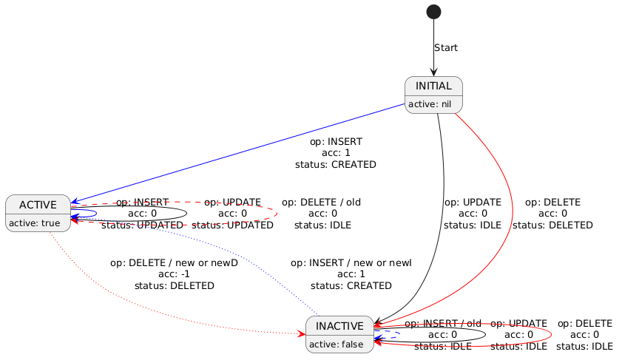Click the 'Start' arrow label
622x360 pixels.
[445, 48]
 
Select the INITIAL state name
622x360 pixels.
[433, 86]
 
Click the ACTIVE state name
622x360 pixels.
[38, 205]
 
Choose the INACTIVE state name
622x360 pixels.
[339, 327]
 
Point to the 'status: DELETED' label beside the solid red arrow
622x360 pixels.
[552, 225]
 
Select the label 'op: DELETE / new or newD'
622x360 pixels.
[174, 262]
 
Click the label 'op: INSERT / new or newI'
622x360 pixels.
[351, 262]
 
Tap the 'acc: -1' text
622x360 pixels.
[174, 274]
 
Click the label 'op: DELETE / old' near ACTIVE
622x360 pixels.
[321, 202]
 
